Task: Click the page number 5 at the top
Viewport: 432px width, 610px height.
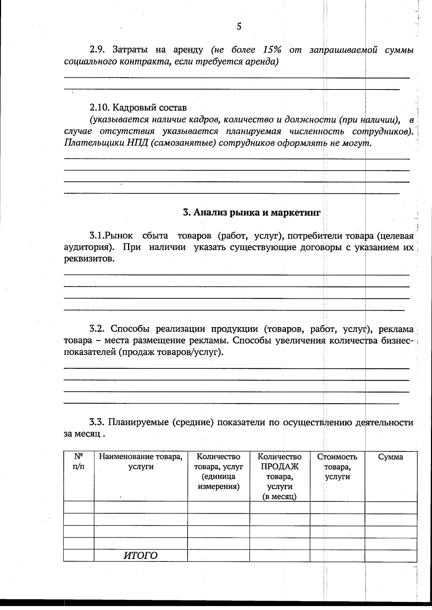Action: pyautogui.click(x=239, y=26)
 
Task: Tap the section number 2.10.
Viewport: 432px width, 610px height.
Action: pyautogui.click(x=99, y=107)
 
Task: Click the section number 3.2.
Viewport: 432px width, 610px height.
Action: pyautogui.click(x=97, y=329)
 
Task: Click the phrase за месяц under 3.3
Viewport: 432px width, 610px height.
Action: pyautogui.click(x=82, y=434)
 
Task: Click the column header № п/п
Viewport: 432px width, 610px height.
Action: pyautogui.click(x=78, y=462)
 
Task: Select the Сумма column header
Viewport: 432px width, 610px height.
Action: pyautogui.click(x=391, y=457)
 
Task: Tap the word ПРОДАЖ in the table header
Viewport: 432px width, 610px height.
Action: pyautogui.click(x=280, y=467)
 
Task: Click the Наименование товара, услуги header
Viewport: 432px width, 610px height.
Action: pyautogui.click(x=140, y=462)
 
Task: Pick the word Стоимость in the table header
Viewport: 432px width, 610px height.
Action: pyautogui.click(x=337, y=457)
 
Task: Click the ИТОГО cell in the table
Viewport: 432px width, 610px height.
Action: pyautogui.click(x=140, y=555)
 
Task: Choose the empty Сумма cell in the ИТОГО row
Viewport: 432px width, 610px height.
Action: pyautogui.click(x=391, y=555)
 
